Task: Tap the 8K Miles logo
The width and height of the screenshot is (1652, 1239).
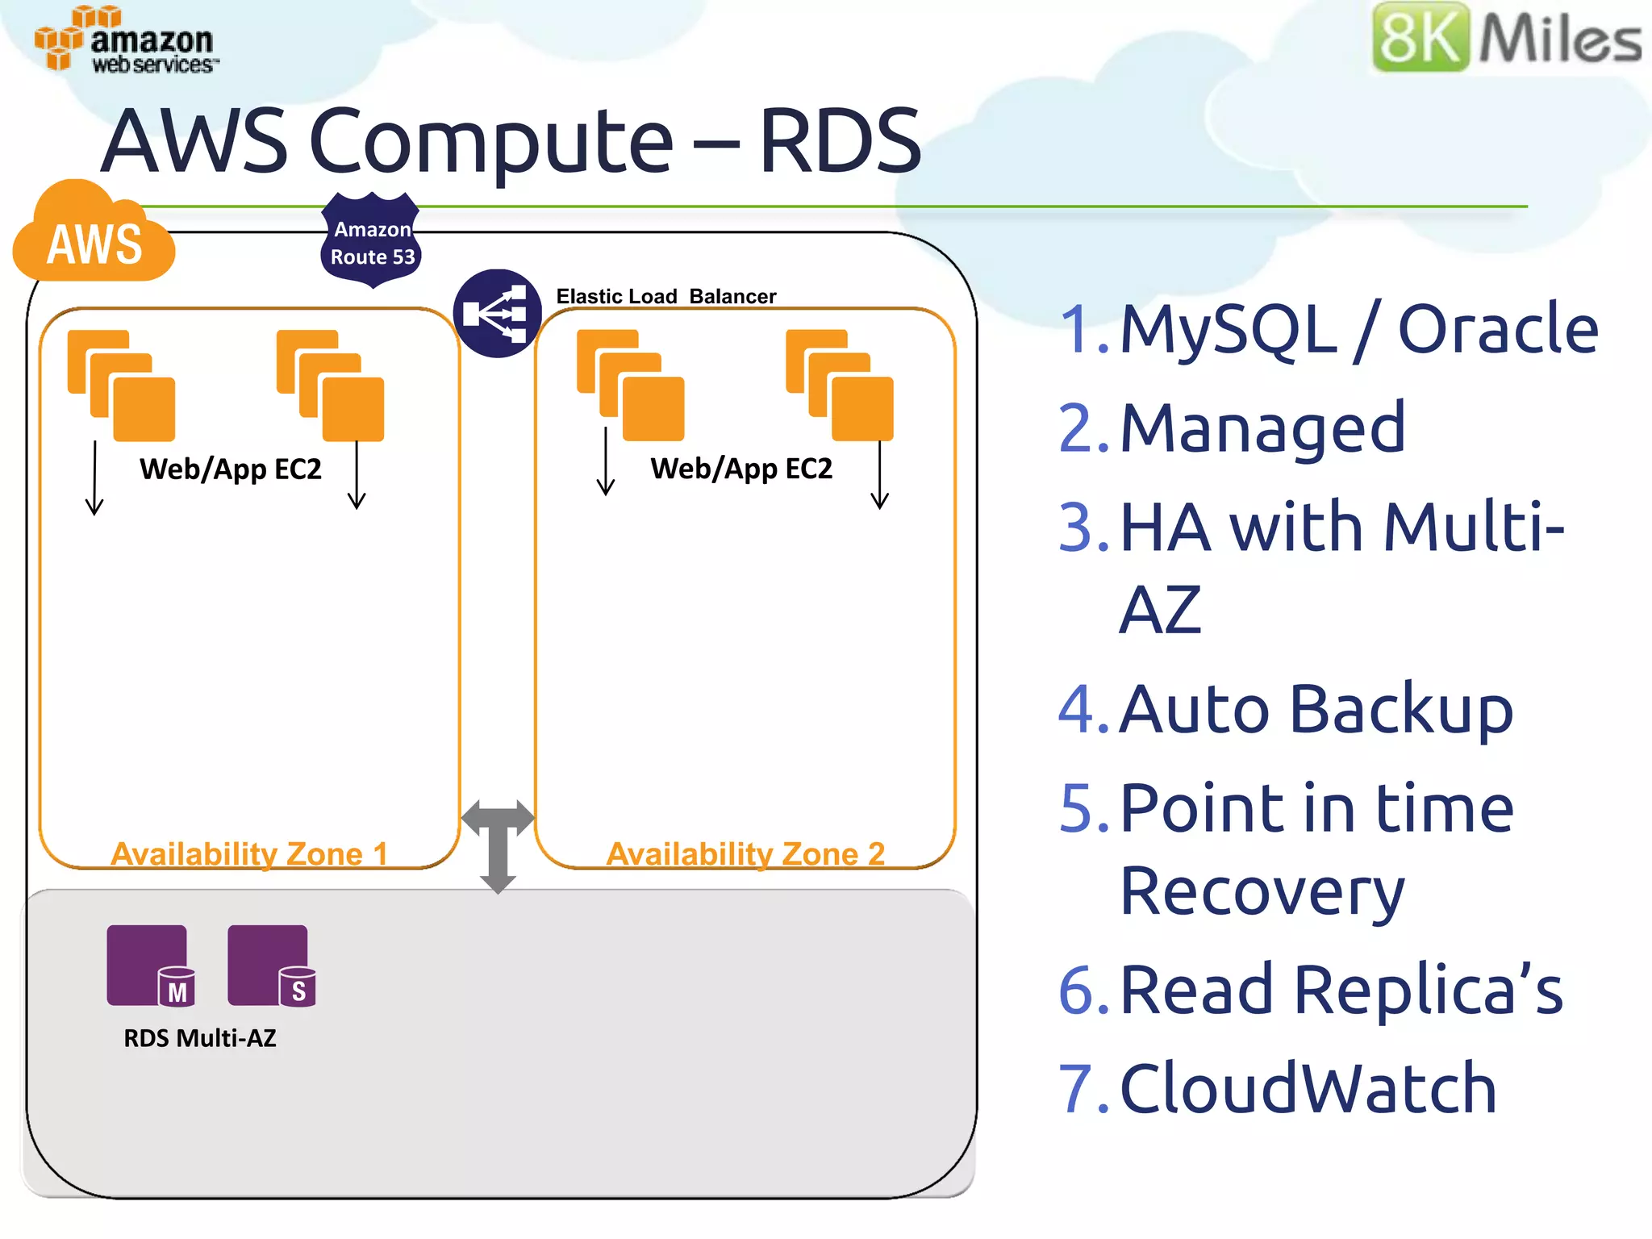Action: (1505, 37)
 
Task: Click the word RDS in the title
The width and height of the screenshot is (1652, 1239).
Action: (839, 141)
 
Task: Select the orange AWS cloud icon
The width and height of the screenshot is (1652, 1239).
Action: (94, 236)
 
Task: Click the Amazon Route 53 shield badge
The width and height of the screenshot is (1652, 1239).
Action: (371, 241)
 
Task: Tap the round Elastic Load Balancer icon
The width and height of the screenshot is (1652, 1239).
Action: (497, 313)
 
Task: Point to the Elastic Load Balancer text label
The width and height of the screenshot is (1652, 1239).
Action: (665, 296)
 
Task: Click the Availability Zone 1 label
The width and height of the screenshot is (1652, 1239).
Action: (248, 853)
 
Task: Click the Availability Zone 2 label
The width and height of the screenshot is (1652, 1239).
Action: (745, 853)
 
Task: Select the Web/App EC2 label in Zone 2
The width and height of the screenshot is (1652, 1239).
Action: (740, 469)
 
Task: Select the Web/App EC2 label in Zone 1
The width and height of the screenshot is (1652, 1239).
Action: (230, 469)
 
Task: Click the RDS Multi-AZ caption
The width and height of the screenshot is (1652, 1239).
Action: (199, 1038)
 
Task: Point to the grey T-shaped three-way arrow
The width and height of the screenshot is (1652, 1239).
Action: (498, 843)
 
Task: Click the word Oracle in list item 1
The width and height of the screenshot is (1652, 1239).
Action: (1497, 329)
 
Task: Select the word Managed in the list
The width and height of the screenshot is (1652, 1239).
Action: (1262, 428)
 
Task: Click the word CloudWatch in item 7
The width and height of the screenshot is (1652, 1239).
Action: (1308, 1088)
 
